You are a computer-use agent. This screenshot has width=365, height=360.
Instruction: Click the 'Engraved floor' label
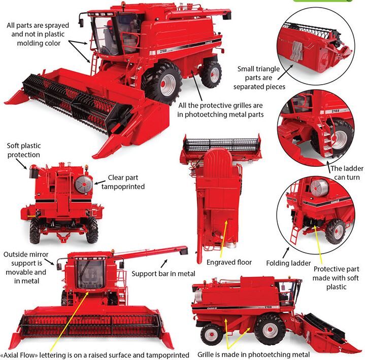(229, 262)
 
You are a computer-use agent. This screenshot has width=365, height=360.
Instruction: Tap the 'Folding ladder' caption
(288, 263)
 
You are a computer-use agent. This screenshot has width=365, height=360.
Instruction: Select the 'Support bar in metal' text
(163, 274)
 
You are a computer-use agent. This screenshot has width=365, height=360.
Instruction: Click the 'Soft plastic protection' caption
(24, 150)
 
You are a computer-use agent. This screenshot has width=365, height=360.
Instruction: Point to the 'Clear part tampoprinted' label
(123, 182)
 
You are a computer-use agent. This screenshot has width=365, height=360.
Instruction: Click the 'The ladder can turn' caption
(347, 173)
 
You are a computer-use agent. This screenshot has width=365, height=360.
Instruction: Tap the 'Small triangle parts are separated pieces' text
(259, 78)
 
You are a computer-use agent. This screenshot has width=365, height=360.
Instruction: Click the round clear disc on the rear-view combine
(84, 185)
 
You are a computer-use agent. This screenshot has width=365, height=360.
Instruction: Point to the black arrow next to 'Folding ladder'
(286, 253)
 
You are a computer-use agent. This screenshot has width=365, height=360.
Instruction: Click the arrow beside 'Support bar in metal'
(164, 264)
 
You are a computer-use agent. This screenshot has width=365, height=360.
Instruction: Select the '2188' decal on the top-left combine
(163, 51)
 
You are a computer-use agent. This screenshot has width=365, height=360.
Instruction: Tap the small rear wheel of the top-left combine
(211, 74)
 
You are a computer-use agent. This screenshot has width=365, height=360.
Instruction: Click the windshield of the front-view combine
(90, 275)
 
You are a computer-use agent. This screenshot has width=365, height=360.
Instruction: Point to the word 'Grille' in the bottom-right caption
(206, 354)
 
